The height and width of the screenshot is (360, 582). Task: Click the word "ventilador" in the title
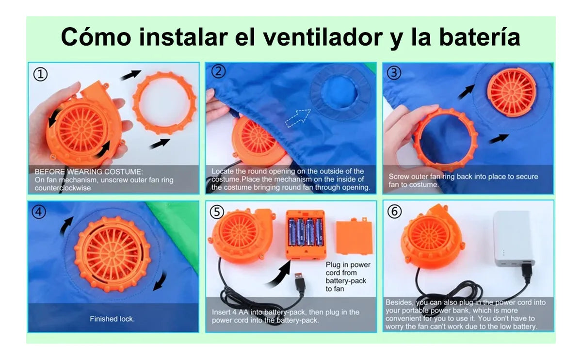[323, 37]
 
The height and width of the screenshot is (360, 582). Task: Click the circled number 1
[41, 74]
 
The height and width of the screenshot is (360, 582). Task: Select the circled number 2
[218, 71]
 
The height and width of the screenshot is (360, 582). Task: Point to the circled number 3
[394, 73]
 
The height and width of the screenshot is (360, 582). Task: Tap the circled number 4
[39, 212]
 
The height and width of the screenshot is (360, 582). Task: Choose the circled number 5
[217, 212]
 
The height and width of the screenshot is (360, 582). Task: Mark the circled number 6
[394, 212]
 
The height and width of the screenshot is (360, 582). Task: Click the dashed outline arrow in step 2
[297, 118]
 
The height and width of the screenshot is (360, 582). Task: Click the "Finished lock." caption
[112, 319]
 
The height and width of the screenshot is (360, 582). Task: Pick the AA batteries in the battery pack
[306, 232]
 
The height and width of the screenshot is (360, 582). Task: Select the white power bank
[513, 239]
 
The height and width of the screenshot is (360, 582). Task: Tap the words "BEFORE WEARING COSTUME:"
[89, 172]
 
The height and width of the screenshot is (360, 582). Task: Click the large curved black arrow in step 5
[279, 274]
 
